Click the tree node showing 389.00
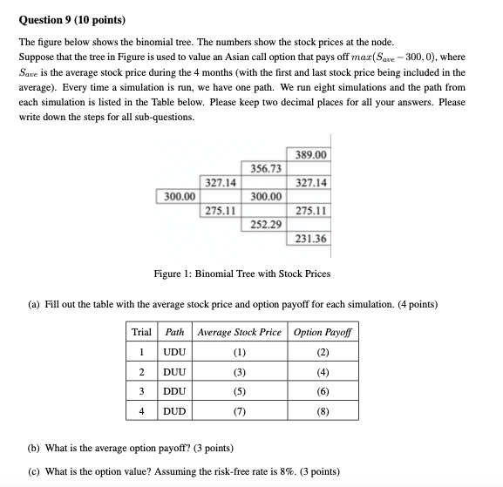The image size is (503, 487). [x=311, y=154]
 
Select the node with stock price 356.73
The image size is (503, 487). [x=265, y=168]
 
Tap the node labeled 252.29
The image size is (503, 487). [x=265, y=224]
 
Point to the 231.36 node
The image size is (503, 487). [x=311, y=239]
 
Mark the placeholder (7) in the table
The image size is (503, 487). [x=239, y=409]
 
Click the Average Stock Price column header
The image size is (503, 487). [x=239, y=333]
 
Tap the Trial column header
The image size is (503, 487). [x=141, y=333]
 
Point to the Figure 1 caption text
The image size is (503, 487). [x=241, y=274]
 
